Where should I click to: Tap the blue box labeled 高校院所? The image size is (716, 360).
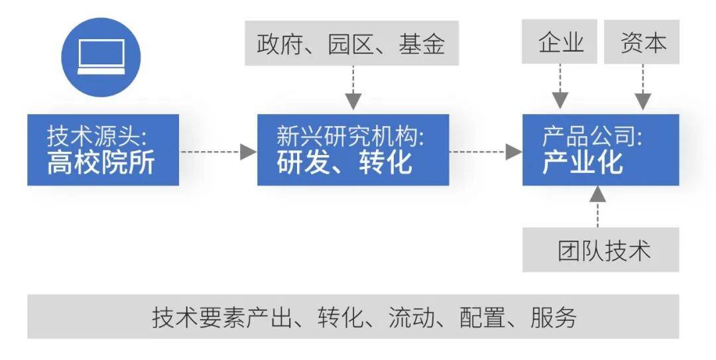pyautogui.click(x=103, y=150)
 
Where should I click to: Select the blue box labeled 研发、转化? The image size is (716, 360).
pyautogui.click(x=353, y=150)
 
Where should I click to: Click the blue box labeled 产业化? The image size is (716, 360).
pyautogui.click(x=600, y=150)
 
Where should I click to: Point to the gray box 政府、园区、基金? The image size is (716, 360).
pyautogui.click(x=351, y=44)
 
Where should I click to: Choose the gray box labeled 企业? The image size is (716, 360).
pyautogui.click(x=561, y=42)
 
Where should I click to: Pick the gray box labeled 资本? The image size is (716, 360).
pyautogui.click(x=642, y=42)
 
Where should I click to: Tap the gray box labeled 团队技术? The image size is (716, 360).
pyautogui.click(x=601, y=250)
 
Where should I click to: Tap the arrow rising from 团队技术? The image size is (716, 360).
pyautogui.click(x=598, y=206)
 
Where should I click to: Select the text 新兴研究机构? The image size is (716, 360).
pyautogui.click(x=351, y=137)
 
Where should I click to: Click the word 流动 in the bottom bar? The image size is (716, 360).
pyautogui.click(x=412, y=317)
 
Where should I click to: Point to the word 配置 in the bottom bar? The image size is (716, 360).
pyautogui.click(x=483, y=317)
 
